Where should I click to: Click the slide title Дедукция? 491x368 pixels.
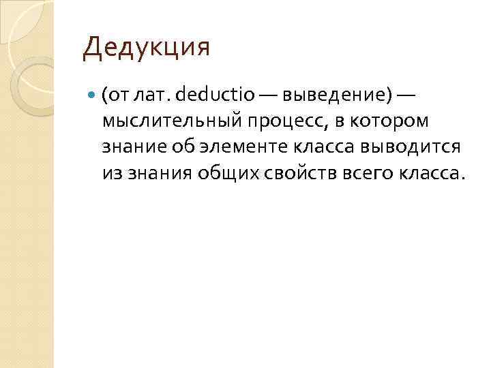(x=147, y=48)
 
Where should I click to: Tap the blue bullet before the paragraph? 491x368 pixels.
(x=93, y=95)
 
